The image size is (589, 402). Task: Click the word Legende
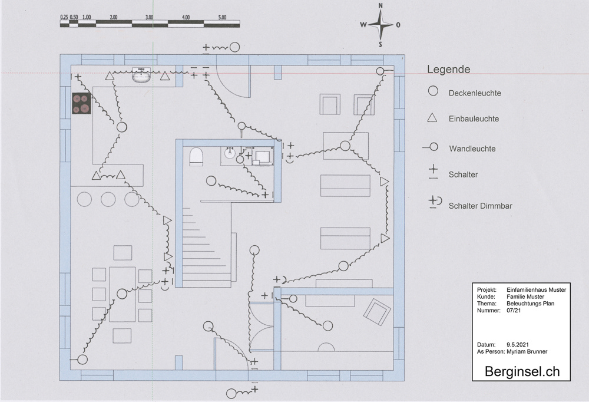pos(448,70)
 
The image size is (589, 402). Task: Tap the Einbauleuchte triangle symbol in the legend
pos(432,118)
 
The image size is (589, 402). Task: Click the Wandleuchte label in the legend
pos(472,149)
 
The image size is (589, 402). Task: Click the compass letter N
pos(380,6)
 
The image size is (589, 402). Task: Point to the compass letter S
pos(380,44)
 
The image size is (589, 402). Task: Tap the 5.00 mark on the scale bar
pos(222,18)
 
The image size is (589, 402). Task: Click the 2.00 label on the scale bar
pos(113,18)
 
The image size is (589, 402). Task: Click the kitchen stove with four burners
pos(81,104)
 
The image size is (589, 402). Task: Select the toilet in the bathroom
pos(196,156)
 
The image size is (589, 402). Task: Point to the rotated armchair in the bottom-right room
pos(376,311)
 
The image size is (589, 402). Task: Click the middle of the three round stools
pos(108,199)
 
